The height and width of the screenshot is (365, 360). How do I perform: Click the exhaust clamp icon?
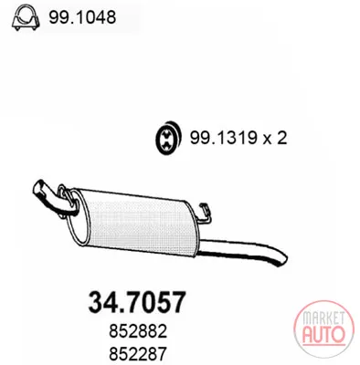pyautogui.click(x=26, y=17)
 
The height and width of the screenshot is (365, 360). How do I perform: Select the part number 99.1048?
pyautogui.click(x=82, y=17)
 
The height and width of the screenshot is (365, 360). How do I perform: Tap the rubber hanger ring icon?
pyautogui.click(x=167, y=139)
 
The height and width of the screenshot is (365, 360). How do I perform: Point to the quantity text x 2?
pyautogui.click(x=275, y=139)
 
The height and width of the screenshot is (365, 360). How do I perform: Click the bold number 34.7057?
pyautogui.click(x=137, y=302)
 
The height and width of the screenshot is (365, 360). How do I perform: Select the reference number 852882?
pyautogui.click(x=138, y=331)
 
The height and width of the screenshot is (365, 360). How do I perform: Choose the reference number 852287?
pyautogui.click(x=138, y=353)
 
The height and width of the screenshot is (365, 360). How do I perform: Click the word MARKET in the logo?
pyautogui.click(x=323, y=318)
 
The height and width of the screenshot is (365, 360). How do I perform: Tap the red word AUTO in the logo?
pyautogui.click(x=323, y=333)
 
